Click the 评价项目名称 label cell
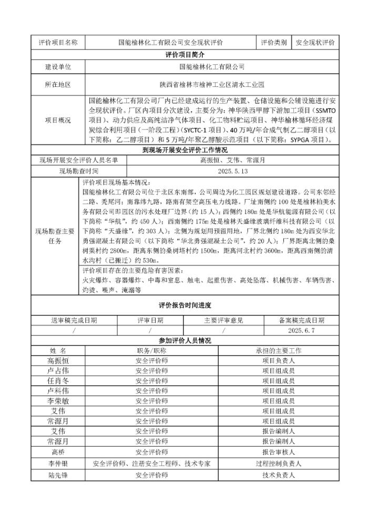(58, 43)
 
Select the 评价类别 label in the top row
(273, 43)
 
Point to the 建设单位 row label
(58, 67)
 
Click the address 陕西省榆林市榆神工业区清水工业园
(212, 84)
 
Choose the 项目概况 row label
(58, 120)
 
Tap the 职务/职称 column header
(151, 350)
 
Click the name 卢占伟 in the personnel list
(58, 370)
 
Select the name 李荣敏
(58, 400)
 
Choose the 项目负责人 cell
(278, 360)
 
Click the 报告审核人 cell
(278, 451)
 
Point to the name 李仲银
(58, 464)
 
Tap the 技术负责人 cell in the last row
(278, 475)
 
